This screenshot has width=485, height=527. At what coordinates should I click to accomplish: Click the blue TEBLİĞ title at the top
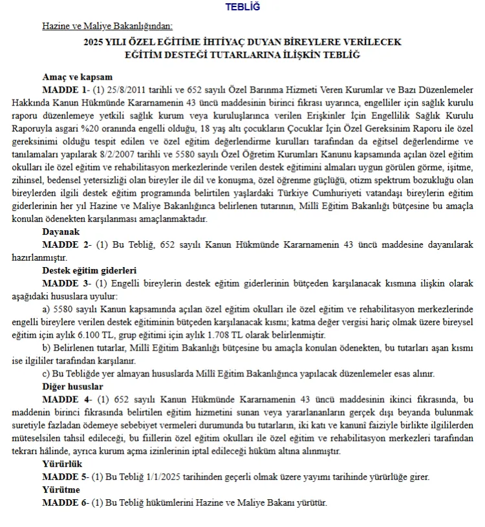242,7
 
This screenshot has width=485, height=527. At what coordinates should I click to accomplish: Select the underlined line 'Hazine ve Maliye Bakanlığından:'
107,27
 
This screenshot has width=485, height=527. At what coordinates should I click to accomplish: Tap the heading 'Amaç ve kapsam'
77,76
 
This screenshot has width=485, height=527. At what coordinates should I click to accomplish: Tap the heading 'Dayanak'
61,231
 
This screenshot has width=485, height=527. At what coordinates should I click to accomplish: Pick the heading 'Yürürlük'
62,464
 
